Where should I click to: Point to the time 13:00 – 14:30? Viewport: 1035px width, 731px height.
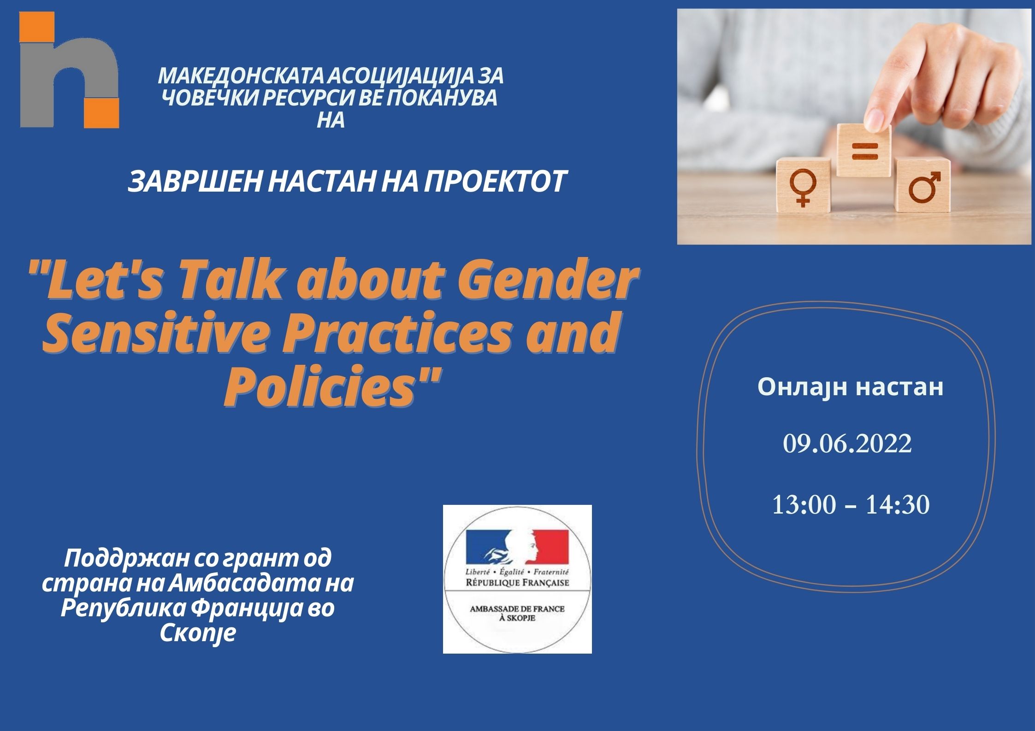850,505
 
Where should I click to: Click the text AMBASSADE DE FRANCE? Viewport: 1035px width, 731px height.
517,608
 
